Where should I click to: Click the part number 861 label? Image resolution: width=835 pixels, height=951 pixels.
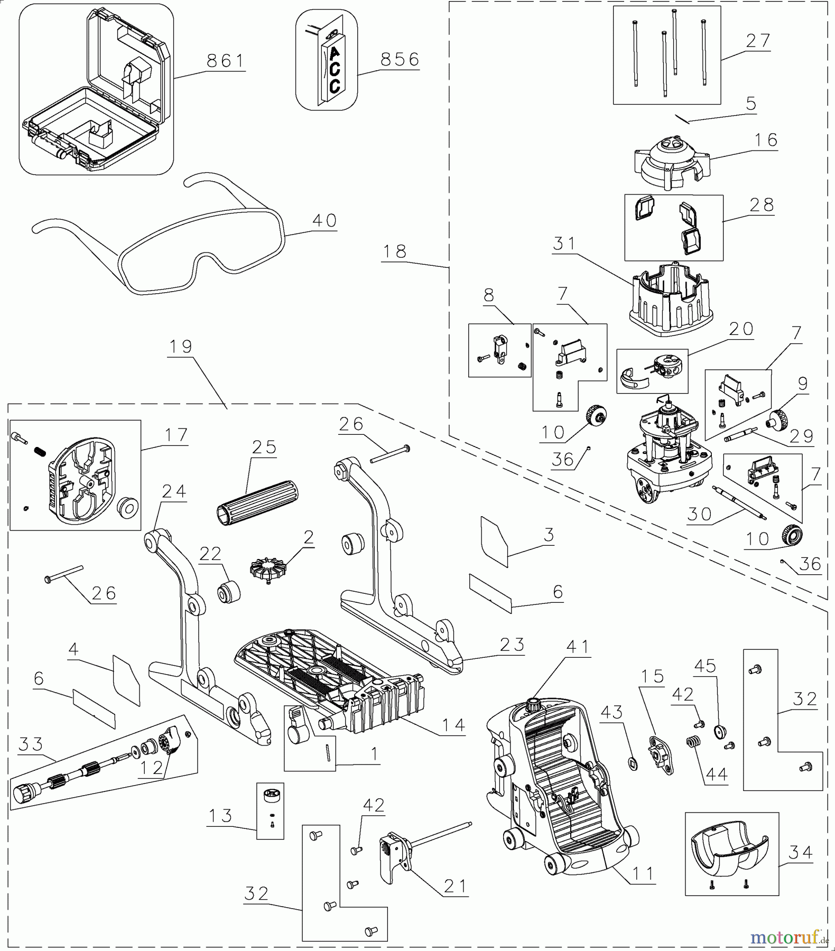(x=226, y=61)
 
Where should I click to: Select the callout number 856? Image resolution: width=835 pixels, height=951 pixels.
(x=400, y=59)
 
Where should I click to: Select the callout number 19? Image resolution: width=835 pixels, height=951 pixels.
(x=180, y=347)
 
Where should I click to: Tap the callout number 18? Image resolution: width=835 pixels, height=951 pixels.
(x=395, y=251)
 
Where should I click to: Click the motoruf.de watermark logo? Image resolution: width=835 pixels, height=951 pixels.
(x=788, y=937)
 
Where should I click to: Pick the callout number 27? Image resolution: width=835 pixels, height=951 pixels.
(x=758, y=41)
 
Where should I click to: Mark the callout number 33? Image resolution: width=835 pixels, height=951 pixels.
(x=31, y=744)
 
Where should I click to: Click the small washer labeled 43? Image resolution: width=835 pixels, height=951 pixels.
(x=634, y=763)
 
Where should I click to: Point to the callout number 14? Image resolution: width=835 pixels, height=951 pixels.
(x=453, y=725)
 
